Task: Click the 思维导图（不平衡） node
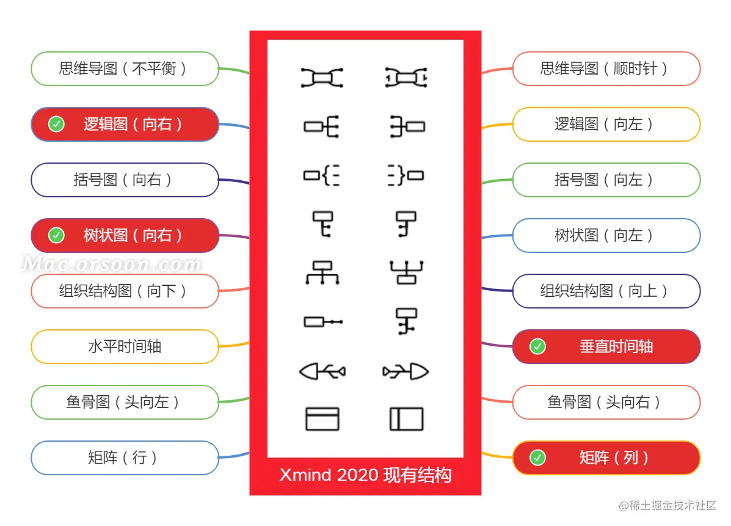click(x=125, y=68)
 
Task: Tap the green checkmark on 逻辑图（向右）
click(x=57, y=125)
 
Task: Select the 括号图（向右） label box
click(x=125, y=180)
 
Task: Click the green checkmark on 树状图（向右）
click(x=57, y=235)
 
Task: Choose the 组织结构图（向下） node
click(x=125, y=291)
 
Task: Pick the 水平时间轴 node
click(x=125, y=346)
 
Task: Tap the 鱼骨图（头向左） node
click(x=125, y=402)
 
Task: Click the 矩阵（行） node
click(x=125, y=458)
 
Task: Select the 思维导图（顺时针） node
click(x=606, y=68)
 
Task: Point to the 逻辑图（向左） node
click(x=606, y=125)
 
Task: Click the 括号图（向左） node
click(x=606, y=180)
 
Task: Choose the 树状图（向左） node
click(x=606, y=235)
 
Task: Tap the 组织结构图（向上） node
click(x=606, y=291)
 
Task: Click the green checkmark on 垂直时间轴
click(x=537, y=346)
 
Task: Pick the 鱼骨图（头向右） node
click(x=606, y=402)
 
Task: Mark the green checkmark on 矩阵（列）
click(x=537, y=458)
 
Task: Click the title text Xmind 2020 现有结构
click(x=365, y=475)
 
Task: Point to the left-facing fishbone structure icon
click(x=322, y=371)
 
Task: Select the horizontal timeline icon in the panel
click(x=322, y=321)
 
